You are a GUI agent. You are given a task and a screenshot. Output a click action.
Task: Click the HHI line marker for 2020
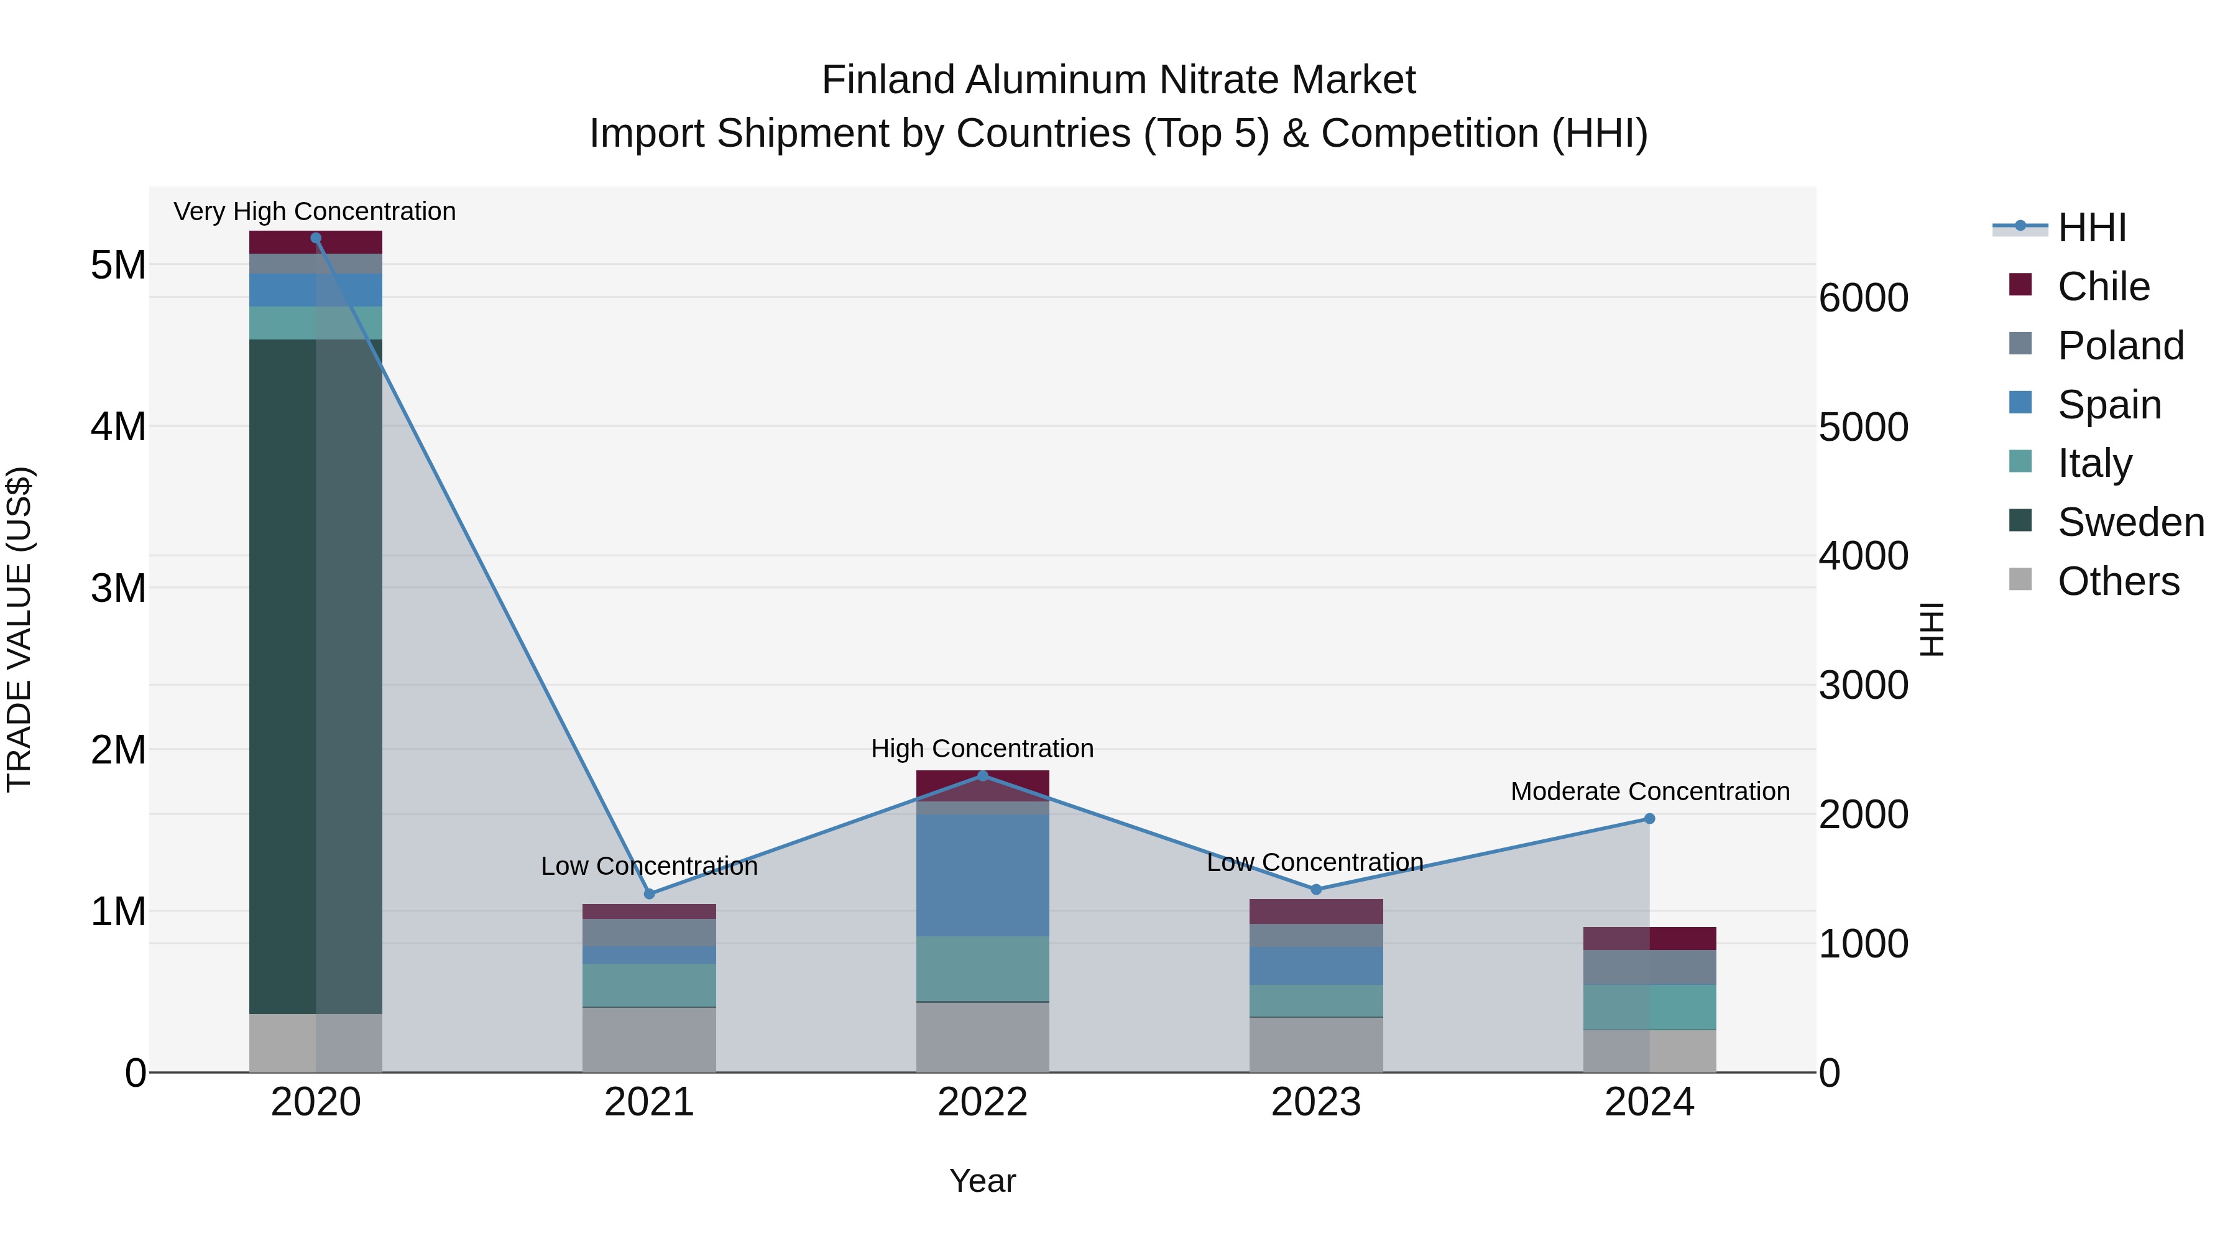(x=315, y=238)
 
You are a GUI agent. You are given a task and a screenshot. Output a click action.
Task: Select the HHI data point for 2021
(x=649, y=893)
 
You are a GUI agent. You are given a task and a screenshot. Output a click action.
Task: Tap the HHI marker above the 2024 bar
(x=1649, y=818)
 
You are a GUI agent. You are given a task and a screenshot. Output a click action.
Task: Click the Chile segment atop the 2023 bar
(x=1315, y=911)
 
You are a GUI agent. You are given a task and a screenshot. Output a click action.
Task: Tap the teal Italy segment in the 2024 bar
(x=1649, y=1007)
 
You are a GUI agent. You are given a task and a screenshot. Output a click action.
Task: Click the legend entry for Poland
(x=2120, y=346)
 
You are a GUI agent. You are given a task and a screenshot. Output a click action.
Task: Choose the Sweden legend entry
(x=2130, y=522)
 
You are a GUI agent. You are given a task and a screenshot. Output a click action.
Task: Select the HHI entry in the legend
(x=2091, y=228)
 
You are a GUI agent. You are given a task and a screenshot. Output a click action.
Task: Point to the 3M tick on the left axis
(x=118, y=588)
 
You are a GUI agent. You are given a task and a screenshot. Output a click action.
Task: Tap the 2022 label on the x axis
(x=983, y=1102)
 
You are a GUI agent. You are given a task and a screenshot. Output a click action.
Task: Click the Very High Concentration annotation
(x=315, y=211)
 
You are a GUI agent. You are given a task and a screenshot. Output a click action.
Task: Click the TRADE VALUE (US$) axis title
(x=19, y=629)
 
